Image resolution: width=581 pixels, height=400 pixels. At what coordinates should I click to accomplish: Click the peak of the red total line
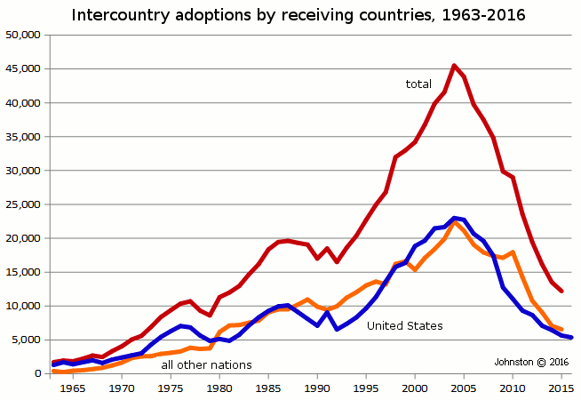[454, 65]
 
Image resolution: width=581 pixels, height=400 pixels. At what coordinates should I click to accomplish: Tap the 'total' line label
[418, 84]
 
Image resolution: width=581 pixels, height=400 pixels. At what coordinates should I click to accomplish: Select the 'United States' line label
[404, 326]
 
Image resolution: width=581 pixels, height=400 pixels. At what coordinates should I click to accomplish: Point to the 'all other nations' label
[206, 365]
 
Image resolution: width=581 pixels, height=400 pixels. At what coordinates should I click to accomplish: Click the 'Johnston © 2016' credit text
[531, 362]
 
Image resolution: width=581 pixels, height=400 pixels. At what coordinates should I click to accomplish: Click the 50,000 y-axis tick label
[22, 35]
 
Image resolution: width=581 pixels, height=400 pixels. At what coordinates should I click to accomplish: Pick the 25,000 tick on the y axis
[22, 204]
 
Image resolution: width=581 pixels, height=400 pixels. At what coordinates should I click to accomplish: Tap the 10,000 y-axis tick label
[22, 306]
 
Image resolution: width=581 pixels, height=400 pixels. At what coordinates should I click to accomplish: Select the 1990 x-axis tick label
[317, 388]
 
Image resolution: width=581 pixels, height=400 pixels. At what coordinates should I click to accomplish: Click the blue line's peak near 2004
[454, 218]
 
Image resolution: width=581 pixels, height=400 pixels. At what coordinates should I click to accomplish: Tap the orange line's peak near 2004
[455, 222]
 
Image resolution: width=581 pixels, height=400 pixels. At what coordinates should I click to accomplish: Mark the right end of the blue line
[571, 338]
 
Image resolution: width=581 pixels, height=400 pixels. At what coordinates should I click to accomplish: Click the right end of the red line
[561, 291]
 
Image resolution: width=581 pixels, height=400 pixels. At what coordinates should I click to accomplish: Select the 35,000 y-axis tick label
[22, 137]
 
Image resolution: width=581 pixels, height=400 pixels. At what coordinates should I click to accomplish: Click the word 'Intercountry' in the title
[115, 15]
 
